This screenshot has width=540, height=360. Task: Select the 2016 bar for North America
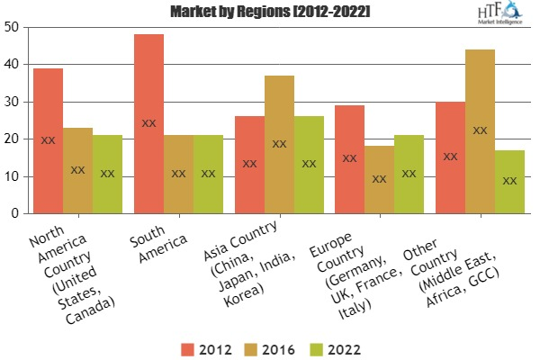(x=77, y=170)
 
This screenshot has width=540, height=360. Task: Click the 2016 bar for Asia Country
(x=279, y=144)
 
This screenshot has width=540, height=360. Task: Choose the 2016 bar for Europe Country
(x=380, y=179)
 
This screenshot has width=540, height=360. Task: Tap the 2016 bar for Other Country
(x=480, y=131)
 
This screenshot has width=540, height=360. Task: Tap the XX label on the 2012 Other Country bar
(x=450, y=157)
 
